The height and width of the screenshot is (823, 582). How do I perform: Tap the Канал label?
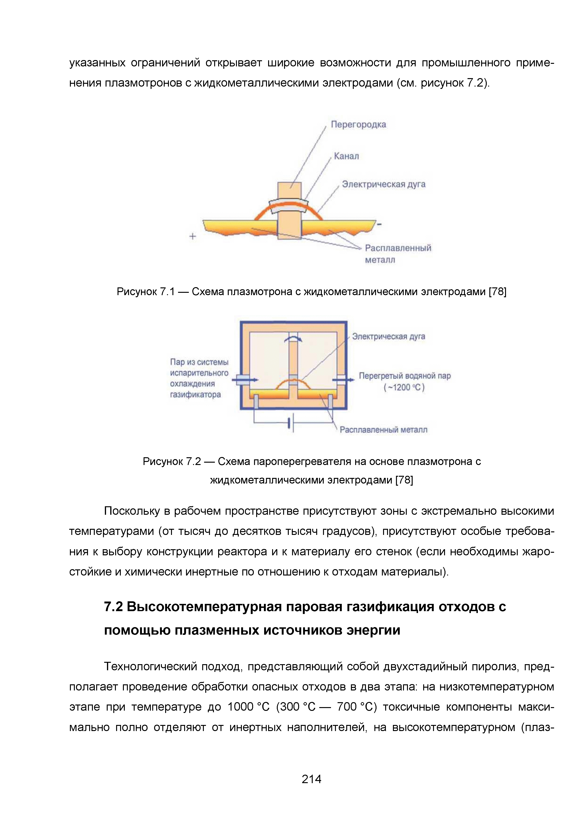coord(346,156)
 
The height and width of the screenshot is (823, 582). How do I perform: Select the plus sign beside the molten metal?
coord(193,236)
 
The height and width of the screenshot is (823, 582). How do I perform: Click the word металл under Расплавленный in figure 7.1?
coord(380,260)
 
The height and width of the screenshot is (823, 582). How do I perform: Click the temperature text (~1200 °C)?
coord(404,388)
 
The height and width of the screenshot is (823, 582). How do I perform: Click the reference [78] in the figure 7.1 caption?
coord(497,292)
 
